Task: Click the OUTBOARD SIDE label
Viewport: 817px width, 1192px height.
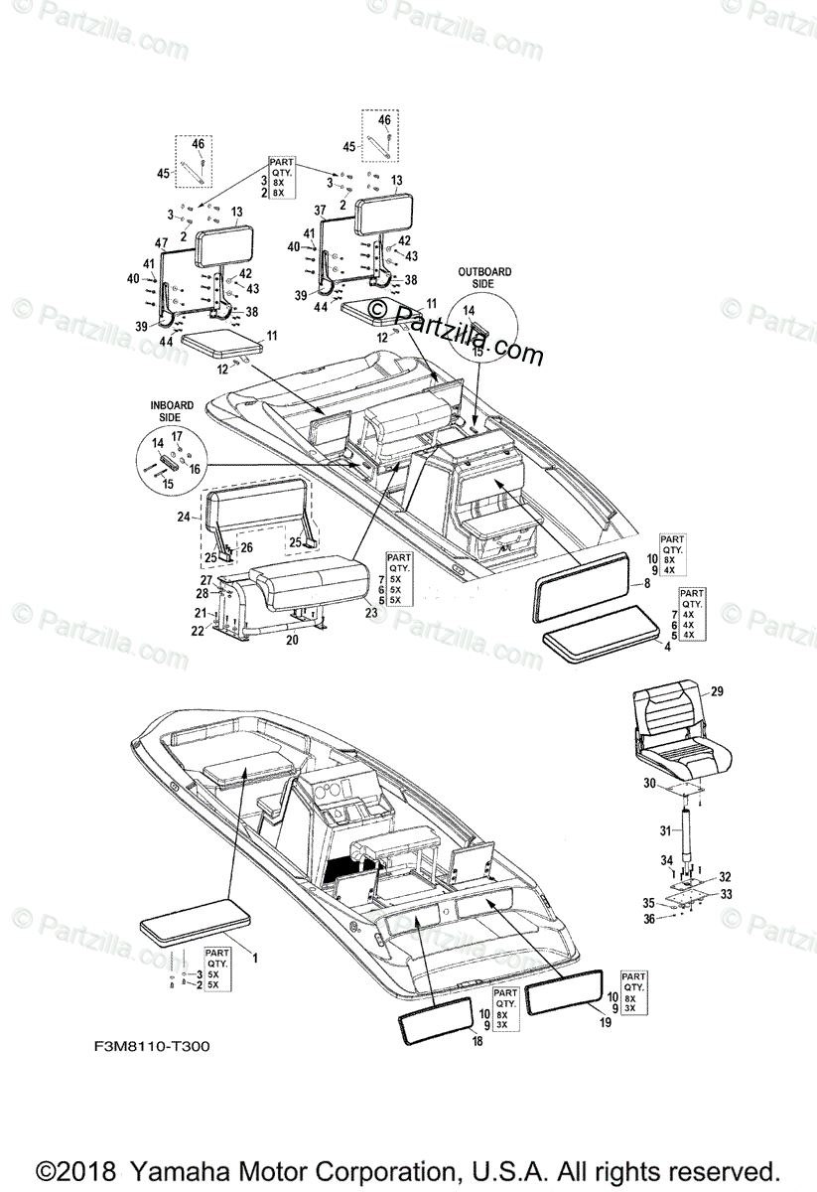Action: (x=484, y=277)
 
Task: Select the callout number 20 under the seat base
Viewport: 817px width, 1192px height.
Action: (x=292, y=641)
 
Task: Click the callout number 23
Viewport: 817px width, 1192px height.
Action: (x=371, y=613)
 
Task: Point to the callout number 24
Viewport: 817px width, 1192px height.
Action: (x=184, y=516)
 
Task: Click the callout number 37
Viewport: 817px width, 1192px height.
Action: (x=320, y=212)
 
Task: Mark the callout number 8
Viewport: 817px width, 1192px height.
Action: (x=647, y=583)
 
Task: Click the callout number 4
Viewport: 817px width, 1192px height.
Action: (x=667, y=648)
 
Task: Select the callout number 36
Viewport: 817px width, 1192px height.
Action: (x=648, y=920)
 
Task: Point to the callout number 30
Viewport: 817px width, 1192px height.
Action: (x=649, y=784)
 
